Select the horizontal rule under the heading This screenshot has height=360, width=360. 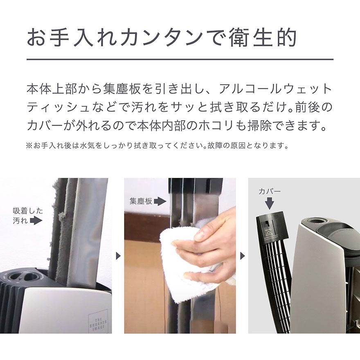[180, 60]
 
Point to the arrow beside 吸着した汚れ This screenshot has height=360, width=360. [37, 221]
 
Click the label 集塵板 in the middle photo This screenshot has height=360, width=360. [141, 201]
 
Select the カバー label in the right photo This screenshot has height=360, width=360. [269, 191]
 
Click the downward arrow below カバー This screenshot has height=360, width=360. [269, 203]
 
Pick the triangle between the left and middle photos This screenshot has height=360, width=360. [118, 256]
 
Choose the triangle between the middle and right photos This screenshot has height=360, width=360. [243, 256]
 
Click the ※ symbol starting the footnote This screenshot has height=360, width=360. [29, 146]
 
